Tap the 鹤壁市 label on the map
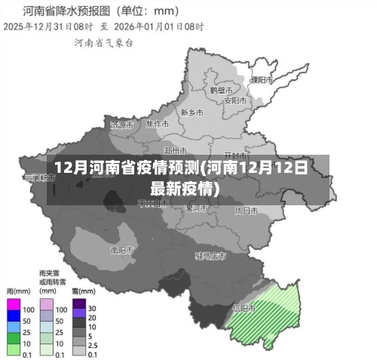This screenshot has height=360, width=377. pyautogui.click(x=221, y=89)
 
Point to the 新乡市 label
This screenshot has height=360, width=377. pyautogui.click(x=192, y=112)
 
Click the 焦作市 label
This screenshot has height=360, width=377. pyautogui.click(x=157, y=123)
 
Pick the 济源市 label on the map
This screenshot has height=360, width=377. pyautogui.click(x=121, y=124)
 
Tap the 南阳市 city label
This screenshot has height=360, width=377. pyautogui.click(x=121, y=249)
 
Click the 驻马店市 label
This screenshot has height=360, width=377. pyautogui.click(x=210, y=257)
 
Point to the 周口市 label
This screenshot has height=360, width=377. pyautogui.click(x=246, y=211)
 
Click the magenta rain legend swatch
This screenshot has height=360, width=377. pyautogui.click(x=13, y=309)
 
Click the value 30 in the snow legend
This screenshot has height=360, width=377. pyautogui.click(x=92, y=309)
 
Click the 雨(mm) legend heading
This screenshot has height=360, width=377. pyautogui.click(x=18, y=291)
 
